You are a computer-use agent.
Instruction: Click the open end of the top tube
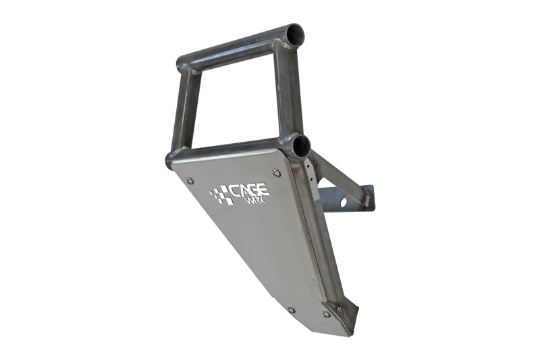pyautogui.click(x=294, y=33)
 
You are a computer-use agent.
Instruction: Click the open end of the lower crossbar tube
pyautogui.click(x=301, y=145)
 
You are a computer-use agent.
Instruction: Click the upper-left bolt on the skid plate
pyautogui.click(x=190, y=180)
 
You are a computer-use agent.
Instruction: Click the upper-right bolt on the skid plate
pyautogui.click(x=276, y=173)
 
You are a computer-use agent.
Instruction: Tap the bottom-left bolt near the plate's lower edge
pyautogui.click(x=292, y=310)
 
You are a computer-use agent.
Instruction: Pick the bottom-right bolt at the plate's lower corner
pyautogui.click(x=327, y=314)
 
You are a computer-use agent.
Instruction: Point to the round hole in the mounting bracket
pyautogui.click(x=344, y=201)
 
